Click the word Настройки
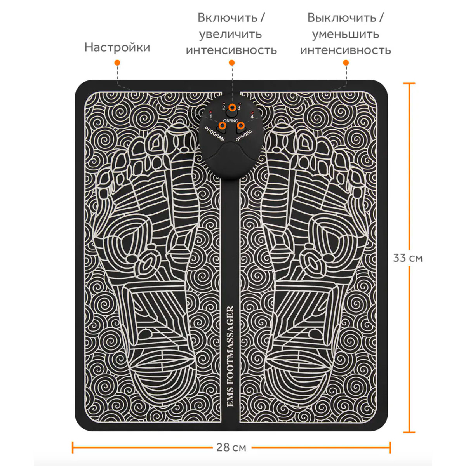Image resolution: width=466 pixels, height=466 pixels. pyautogui.click(x=117, y=47)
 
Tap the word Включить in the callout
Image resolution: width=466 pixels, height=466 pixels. pyautogui.click(x=228, y=18)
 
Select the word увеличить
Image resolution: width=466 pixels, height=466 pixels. pyautogui.click(x=230, y=35)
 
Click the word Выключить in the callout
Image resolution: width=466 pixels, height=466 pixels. pyautogui.click(x=342, y=18)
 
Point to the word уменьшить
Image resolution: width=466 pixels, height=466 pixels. pyautogui.click(x=345, y=35)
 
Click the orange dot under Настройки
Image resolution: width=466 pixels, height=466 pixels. pyautogui.click(x=117, y=63)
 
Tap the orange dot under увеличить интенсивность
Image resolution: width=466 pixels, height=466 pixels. pyautogui.click(x=232, y=63)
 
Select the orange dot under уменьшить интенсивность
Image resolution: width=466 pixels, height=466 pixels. pyautogui.click(x=346, y=63)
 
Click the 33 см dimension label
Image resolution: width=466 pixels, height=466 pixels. pyautogui.click(x=408, y=258)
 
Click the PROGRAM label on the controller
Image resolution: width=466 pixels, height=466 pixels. pyautogui.click(x=214, y=134)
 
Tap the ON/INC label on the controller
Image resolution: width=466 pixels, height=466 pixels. pyautogui.click(x=230, y=121)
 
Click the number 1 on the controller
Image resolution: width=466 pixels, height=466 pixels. pyautogui.click(x=211, y=116)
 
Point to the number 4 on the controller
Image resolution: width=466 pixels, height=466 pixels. pyautogui.click(x=252, y=117)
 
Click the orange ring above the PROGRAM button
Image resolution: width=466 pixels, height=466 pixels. pyautogui.click(x=222, y=125)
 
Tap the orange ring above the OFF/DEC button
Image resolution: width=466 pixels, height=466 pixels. pyautogui.click(x=240, y=125)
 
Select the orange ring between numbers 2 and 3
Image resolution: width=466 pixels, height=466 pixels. pyautogui.click(x=232, y=107)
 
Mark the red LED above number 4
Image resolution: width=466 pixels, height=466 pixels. pyautogui.click(x=252, y=113)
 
